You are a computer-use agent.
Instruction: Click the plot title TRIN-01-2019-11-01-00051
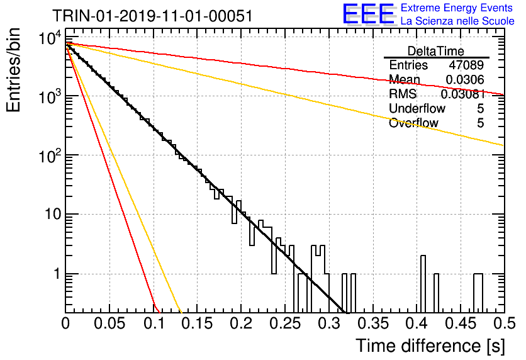coord(152,16)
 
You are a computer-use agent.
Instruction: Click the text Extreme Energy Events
coord(457,8)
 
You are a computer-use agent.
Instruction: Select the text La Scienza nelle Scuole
coord(457,21)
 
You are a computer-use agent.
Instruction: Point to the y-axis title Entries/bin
coord(13,70)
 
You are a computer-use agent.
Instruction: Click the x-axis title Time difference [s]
coord(430,346)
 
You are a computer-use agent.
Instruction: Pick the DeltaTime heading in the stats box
coord(436,51)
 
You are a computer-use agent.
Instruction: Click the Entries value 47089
coord(466,65)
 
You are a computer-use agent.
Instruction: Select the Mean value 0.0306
coord(464,79)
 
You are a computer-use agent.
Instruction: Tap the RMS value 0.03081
coord(462,94)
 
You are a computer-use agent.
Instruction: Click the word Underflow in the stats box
coord(417,108)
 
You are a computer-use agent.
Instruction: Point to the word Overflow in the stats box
coord(413,123)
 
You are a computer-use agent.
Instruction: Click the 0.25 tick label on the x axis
coord(285,323)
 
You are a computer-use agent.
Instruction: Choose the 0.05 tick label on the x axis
coord(109,323)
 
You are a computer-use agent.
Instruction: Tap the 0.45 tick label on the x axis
coord(461,323)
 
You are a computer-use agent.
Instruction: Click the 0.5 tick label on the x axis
coord(505,323)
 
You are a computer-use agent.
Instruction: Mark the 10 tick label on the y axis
coord(53,214)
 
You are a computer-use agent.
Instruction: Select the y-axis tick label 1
coord(57,274)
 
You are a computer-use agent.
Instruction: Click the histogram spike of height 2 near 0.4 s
coord(423,284)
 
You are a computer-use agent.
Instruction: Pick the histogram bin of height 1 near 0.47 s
coord(478,293)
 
